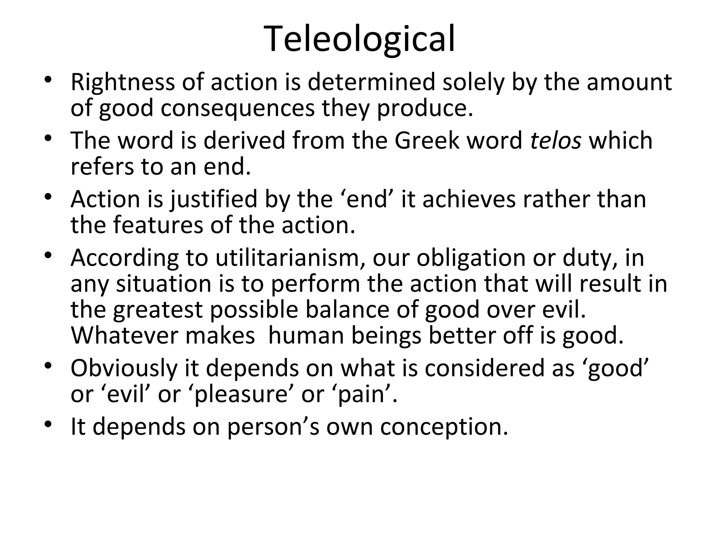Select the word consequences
238,108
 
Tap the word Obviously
124,368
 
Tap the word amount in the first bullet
629,82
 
